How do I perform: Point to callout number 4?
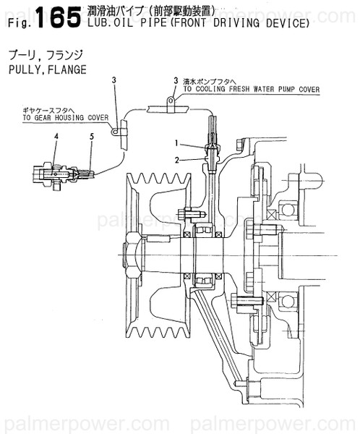click(x=55, y=136)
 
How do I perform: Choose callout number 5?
click(x=91, y=136)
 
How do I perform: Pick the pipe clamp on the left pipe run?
click(x=118, y=131)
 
